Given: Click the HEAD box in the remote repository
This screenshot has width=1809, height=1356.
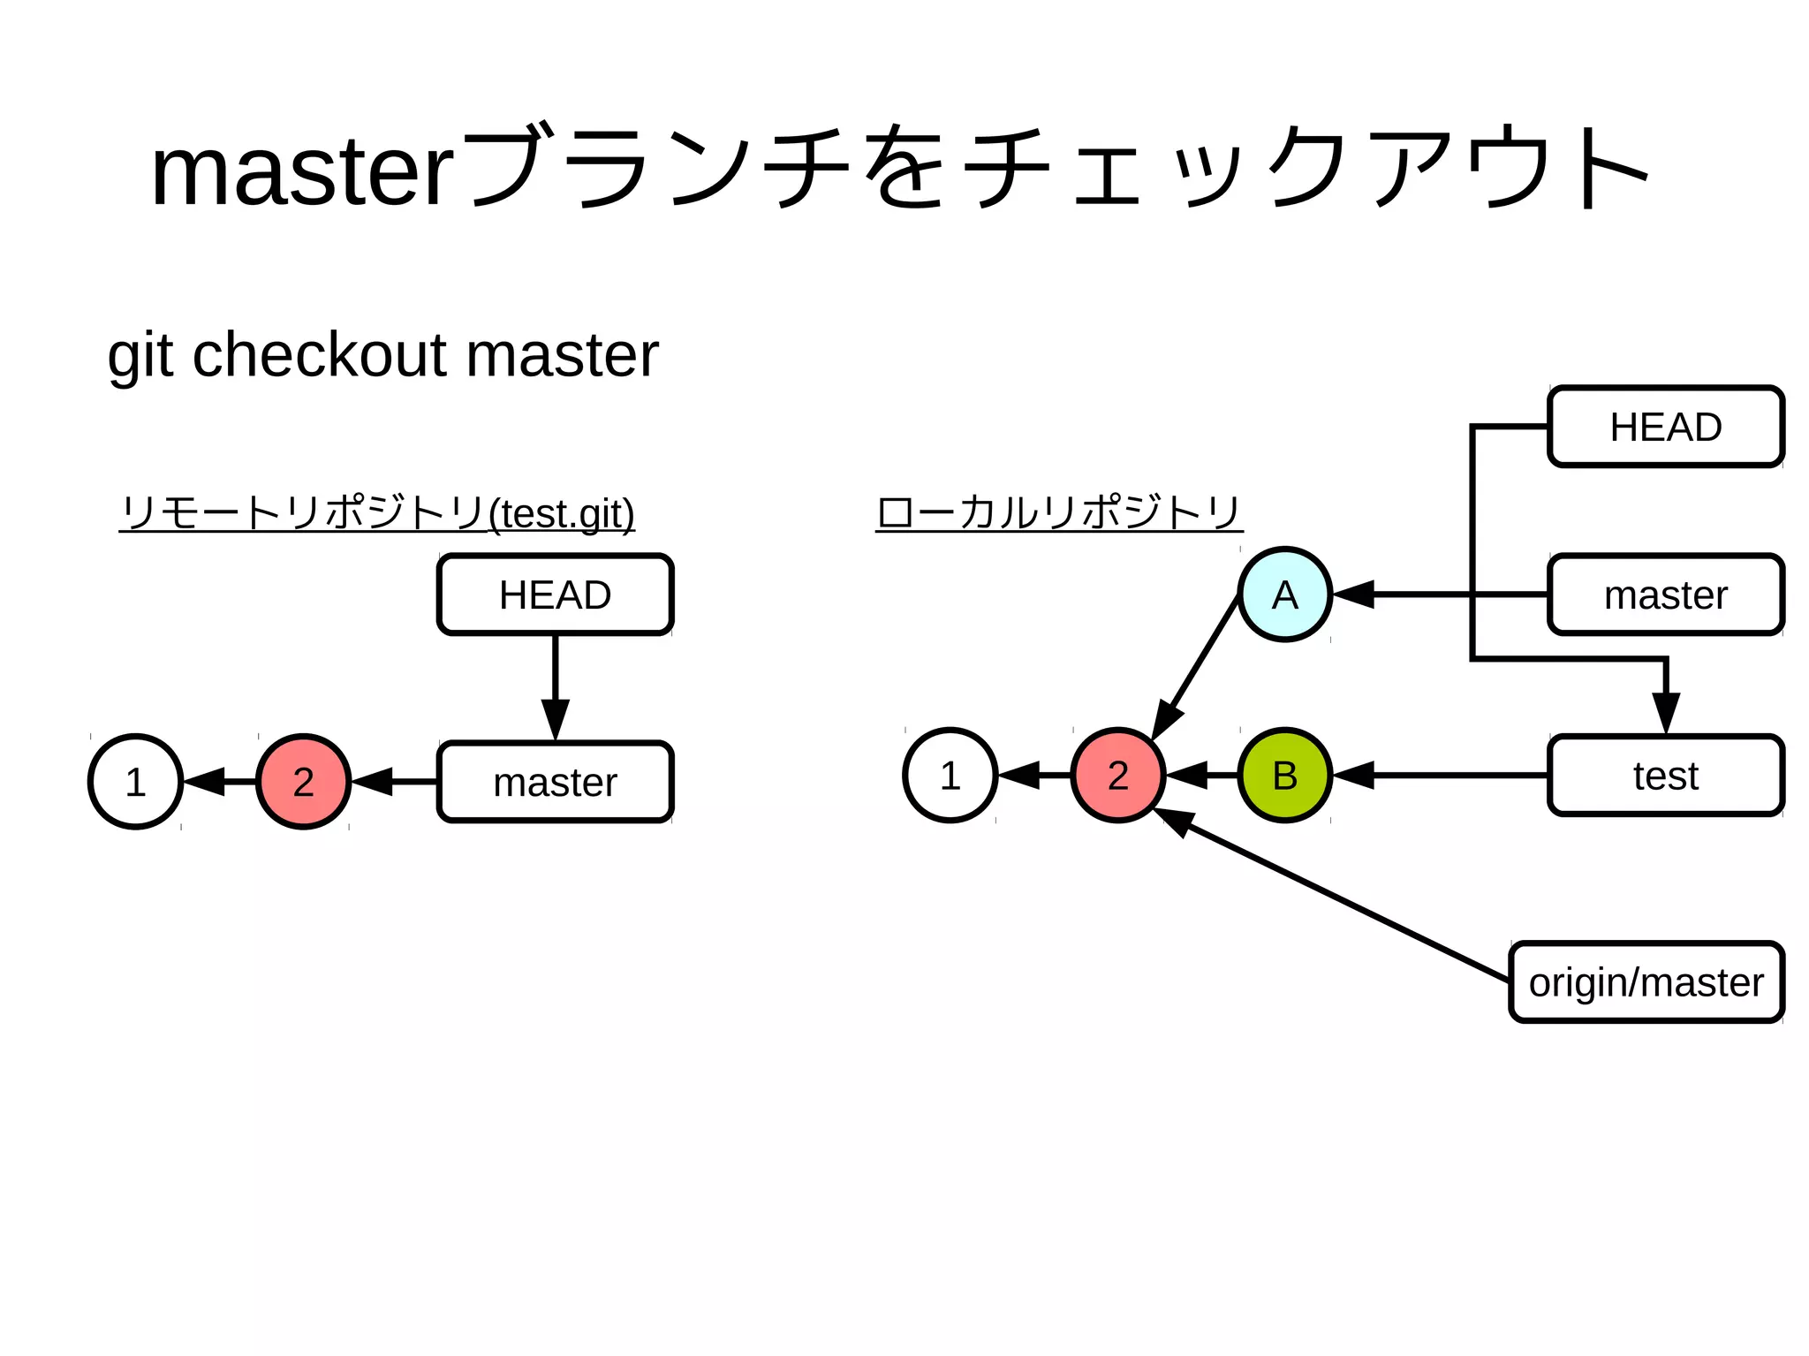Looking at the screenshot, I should pyautogui.click(x=555, y=595).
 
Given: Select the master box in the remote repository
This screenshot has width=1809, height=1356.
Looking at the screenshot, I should pyautogui.click(x=555, y=782).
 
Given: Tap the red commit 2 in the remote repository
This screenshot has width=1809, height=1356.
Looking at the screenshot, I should pyautogui.click(x=303, y=782).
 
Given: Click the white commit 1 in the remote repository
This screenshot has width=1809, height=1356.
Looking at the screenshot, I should pyautogui.click(x=135, y=782).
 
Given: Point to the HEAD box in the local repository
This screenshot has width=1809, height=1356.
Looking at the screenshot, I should pyautogui.click(x=1666, y=427).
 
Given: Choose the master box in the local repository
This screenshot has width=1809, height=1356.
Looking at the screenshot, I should pyautogui.click(x=1666, y=595).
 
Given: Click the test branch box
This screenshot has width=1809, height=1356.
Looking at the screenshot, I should pyautogui.click(x=1666, y=776).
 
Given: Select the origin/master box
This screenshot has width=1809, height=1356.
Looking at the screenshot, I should pyautogui.click(x=1646, y=982).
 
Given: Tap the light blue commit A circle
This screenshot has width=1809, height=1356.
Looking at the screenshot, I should pyautogui.click(x=1284, y=595).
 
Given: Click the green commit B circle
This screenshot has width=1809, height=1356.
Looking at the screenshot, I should pyautogui.click(x=1284, y=776).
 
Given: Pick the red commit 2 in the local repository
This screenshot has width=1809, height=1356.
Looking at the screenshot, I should pyautogui.click(x=1117, y=776).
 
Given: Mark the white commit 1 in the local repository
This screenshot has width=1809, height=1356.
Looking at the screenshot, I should pyautogui.click(x=950, y=776).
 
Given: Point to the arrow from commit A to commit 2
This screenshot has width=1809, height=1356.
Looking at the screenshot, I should pyautogui.click(x=1197, y=667).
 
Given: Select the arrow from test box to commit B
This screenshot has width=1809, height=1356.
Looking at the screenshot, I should pyautogui.click(x=1449, y=776).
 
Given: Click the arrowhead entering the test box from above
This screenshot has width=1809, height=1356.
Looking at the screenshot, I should pyautogui.click(x=1666, y=712).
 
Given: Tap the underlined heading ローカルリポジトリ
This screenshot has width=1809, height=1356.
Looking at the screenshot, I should pyautogui.click(x=1058, y=512).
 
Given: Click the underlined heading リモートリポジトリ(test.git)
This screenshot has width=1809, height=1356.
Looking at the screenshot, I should pyautogui.click(x=377, y=512).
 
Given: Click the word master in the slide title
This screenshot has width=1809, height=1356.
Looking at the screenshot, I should pyautogui.click(x=302, y=172).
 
